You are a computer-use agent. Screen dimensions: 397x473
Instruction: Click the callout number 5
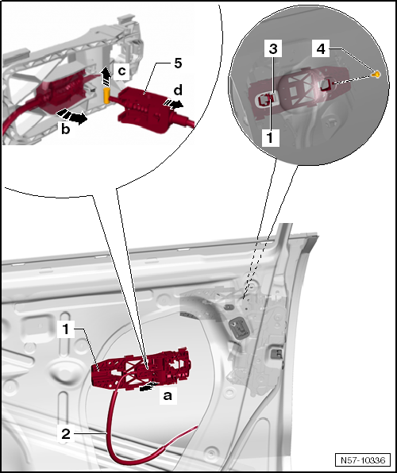178,63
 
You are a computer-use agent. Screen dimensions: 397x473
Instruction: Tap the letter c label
121,71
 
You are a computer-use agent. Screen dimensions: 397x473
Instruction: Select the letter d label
178,90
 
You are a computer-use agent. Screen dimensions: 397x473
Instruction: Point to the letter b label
66,129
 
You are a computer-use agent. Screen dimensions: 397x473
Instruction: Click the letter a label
168,395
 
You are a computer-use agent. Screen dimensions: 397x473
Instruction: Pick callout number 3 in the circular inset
273,48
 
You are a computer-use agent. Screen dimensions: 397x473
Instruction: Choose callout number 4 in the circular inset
321,49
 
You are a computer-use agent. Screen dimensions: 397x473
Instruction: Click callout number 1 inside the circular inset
270,137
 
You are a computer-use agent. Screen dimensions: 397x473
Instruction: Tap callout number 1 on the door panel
66,329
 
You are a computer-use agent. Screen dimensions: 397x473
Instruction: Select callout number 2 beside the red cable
66,434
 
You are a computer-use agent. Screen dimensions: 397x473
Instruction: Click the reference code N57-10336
363,460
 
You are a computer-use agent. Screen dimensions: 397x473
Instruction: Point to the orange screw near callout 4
376,74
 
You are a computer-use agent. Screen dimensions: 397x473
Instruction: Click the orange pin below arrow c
107,95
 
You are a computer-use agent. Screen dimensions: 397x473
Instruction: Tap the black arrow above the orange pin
105,77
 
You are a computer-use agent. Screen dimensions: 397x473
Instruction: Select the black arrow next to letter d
173,104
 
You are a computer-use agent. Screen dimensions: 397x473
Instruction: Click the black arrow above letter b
71,117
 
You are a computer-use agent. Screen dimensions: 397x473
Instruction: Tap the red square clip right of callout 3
326,85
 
